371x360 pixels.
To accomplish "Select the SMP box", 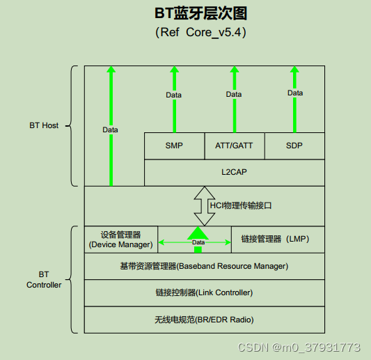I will pos(175,146).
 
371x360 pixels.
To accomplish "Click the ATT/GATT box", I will pos(234,146).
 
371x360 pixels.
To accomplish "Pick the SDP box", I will pos(294,146).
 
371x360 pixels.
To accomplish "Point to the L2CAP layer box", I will pos(234,172).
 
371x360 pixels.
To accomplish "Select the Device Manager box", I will pos(120,240).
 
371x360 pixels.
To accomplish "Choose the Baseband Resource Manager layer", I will pos(204,266).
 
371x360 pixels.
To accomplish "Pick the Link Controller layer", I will pos(204,292).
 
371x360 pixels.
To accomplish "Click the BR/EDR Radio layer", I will pos(204,320).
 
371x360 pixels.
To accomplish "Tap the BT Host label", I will pos(44,125).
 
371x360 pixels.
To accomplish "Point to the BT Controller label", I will pos(44,279).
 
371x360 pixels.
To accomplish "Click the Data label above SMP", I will pos(174,95).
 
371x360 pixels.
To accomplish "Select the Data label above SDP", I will pos(295,93).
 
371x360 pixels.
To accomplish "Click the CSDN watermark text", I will pos(299,347).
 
